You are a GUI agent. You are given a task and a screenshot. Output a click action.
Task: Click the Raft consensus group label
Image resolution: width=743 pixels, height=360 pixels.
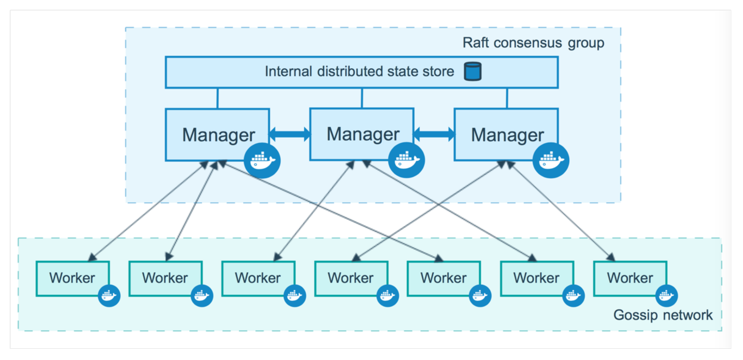click(533, 43)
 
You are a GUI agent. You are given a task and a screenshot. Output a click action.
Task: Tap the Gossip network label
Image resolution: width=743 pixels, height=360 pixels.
click(663, 315)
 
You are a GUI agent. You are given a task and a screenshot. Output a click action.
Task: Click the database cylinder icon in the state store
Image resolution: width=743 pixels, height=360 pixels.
click(473, 72)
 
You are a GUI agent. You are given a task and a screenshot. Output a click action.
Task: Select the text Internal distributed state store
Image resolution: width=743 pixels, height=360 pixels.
click(359, 72)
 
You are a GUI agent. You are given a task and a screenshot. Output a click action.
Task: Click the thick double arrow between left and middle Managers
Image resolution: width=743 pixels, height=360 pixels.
click(290, 134)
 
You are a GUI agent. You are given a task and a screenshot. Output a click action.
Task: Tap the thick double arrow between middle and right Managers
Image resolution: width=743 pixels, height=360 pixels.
click(434, 134)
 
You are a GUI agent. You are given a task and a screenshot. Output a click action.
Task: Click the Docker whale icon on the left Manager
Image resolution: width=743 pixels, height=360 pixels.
click(262, 160)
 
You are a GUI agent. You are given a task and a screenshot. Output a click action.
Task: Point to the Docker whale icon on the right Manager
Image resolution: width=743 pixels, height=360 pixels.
click(551, 160)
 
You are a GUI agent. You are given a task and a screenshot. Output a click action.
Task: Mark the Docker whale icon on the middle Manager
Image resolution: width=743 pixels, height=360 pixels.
click(407, 160)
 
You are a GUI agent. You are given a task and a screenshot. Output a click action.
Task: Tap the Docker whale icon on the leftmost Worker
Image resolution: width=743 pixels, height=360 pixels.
click(109, 296)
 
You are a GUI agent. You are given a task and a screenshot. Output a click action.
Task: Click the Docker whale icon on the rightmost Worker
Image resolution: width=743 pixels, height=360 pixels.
click(666, 296)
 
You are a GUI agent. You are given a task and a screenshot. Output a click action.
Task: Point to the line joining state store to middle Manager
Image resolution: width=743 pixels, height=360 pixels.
click(362, 98)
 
